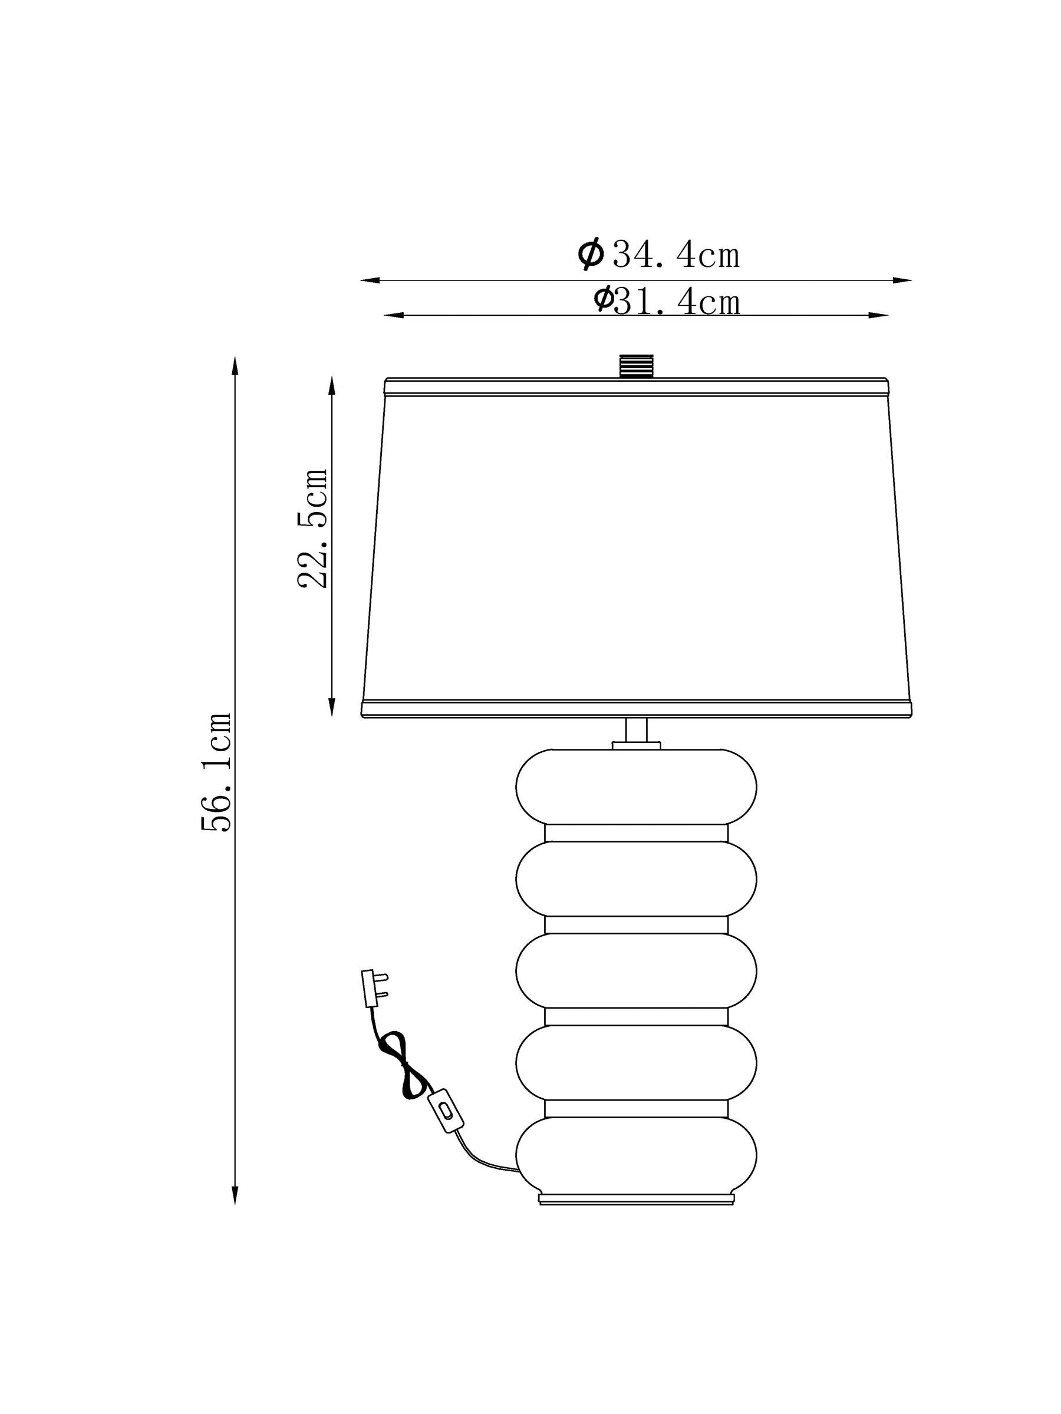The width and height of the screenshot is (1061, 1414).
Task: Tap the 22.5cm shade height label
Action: coord(314,528)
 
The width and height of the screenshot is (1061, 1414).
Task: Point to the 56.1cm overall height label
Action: coord(216,772)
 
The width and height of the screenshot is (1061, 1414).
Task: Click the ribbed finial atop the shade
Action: coord(635,366)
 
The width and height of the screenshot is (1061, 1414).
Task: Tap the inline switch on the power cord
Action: coord(445,1110)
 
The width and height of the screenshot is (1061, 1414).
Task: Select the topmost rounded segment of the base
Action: coord(635,787)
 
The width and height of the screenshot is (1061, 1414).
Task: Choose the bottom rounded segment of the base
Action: coord(635,1155)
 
